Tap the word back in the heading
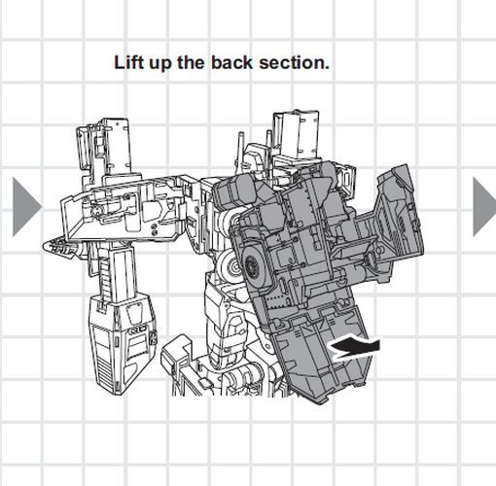(x=231, y=62)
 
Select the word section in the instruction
(x=294, y=62)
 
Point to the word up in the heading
(x=159, y=64)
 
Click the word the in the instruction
(x=191, y=62)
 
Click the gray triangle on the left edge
(x=27, y=207)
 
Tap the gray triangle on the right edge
(x=484, y=207)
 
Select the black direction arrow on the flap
(x=354, y=348)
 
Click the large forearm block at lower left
(x=123, y=343)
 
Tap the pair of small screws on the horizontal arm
(x=155, y=229)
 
